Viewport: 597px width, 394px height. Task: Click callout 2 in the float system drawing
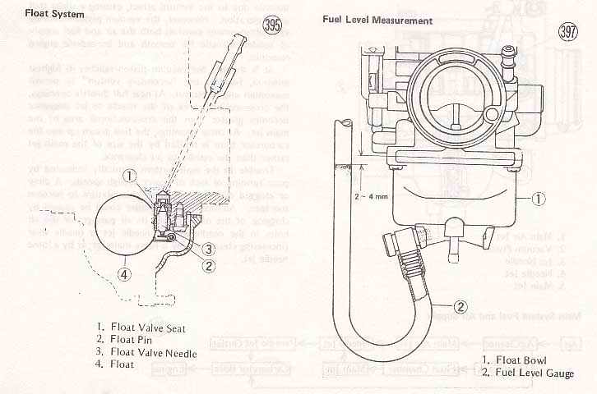click(x=209, y=265)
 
